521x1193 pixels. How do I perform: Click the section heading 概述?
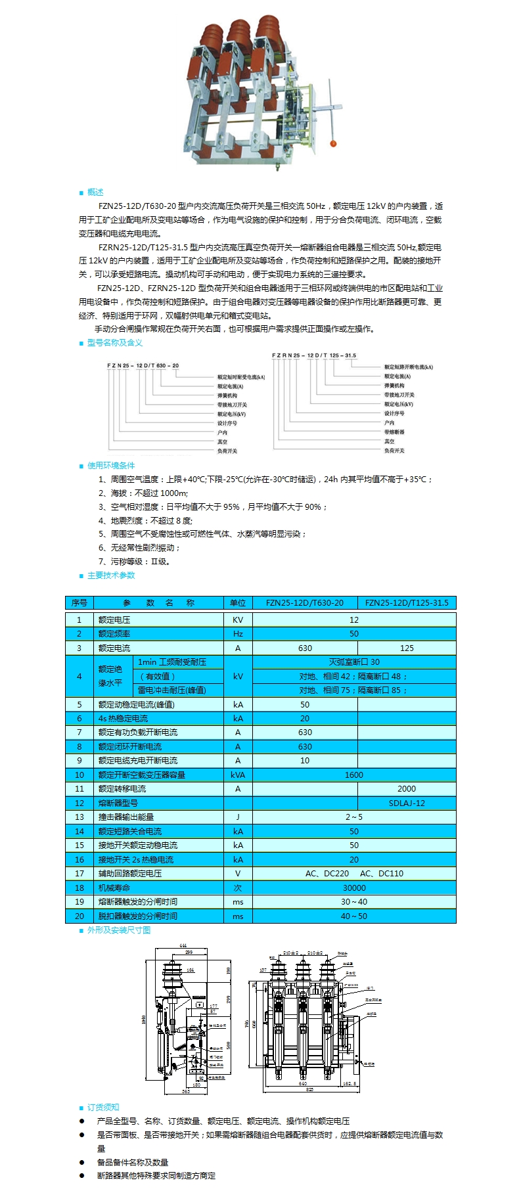pyautogui.click(x=95, y=192)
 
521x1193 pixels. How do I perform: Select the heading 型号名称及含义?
pyautogui.click(x=114, y=342)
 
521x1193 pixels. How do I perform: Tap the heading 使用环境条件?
pyautogui.click(x=111, y=465)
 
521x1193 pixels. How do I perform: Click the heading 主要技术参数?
pyautogui.click(x=111, y=575)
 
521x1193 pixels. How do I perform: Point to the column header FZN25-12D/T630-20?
pyautogui.click(x=305, y=602)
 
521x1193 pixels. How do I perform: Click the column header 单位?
pyautogui.click(x=238, y=602)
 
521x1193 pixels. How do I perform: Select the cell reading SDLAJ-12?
pyautogui.click(x=407, y=803)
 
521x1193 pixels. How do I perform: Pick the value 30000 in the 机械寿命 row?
pyautogui.click(x=354, y=888)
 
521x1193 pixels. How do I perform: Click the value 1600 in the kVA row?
pyautogui.click(x=354, y=775)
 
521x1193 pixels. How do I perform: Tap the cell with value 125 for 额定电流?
pyautogui.click(x=407, y=648)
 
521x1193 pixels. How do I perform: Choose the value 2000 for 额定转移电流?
pyautogui.click(x=407, y=788)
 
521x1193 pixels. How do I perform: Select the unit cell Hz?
pyautogui.click(x=238, y=633)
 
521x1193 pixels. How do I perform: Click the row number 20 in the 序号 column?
pyautogui.click(x=79, y=916)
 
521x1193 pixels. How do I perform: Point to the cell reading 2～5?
pyautogui.click(x=354, y=817)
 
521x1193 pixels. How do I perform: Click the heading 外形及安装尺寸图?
pyautogui.click(x=119, y=930)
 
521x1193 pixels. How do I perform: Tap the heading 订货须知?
pyautogui.click(x=103, y=1107)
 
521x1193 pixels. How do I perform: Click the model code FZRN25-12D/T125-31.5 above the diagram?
pyautogui.click(x=314, y=355)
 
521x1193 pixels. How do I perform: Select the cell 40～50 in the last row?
pyautogui.click(x=354, y=916)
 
